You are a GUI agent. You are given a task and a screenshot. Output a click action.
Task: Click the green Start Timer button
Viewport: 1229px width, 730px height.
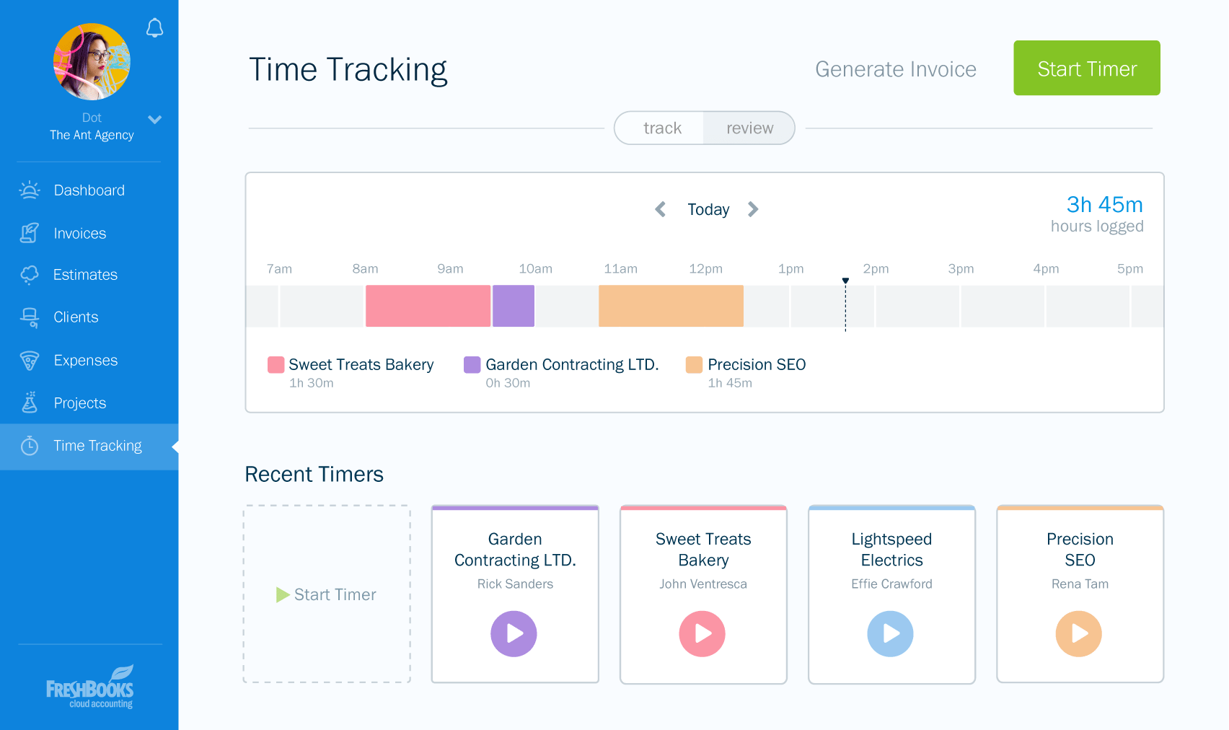click(x=1086, y=68)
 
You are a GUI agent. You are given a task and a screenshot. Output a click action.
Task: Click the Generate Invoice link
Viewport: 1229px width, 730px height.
click(x=895, y=69)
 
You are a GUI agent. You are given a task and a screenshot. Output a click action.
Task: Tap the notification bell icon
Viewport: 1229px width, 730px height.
click(x=154, y=28)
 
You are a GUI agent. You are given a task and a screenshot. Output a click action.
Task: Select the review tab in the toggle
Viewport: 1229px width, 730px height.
click(x=749, y=128)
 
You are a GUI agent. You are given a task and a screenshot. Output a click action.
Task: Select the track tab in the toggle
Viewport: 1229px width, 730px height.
click(x=661, y=128)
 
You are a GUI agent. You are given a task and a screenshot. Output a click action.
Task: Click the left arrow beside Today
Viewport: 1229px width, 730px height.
click(x=660, y=209)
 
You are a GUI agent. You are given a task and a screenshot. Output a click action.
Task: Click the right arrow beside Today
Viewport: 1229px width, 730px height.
click(x=753, y=209)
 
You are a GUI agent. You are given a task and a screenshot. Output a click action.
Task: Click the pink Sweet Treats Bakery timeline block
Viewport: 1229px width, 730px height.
click(x=428, y=306)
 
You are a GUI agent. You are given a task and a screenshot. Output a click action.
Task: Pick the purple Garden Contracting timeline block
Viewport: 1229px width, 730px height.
click(x=514, y=306)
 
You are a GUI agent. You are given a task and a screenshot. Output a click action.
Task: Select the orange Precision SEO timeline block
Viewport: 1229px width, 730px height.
click(x=671, y=306)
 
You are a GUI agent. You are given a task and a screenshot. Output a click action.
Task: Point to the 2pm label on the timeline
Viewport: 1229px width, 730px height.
click(x=876, y=269)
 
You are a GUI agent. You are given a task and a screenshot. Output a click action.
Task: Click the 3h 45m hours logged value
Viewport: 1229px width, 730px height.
click(x=1104, y=205)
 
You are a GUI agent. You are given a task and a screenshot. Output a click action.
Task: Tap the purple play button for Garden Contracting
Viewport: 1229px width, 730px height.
click(x=514, y=633)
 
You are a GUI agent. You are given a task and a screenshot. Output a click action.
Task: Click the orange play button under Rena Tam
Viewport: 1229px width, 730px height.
click(x=1078, y=633)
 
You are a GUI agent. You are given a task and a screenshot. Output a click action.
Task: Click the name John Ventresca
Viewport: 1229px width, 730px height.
click(x=702, y=584)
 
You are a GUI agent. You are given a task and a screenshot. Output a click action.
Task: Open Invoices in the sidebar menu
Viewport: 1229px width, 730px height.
click(x=79, y=234)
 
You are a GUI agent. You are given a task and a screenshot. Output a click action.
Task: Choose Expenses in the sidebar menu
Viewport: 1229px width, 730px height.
click(x=85, y=361)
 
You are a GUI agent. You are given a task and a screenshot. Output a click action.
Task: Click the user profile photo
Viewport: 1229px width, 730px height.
click(x=92, y=62)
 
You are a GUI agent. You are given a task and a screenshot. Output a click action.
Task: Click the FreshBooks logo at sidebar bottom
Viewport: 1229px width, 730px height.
click(x=90, y=687)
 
